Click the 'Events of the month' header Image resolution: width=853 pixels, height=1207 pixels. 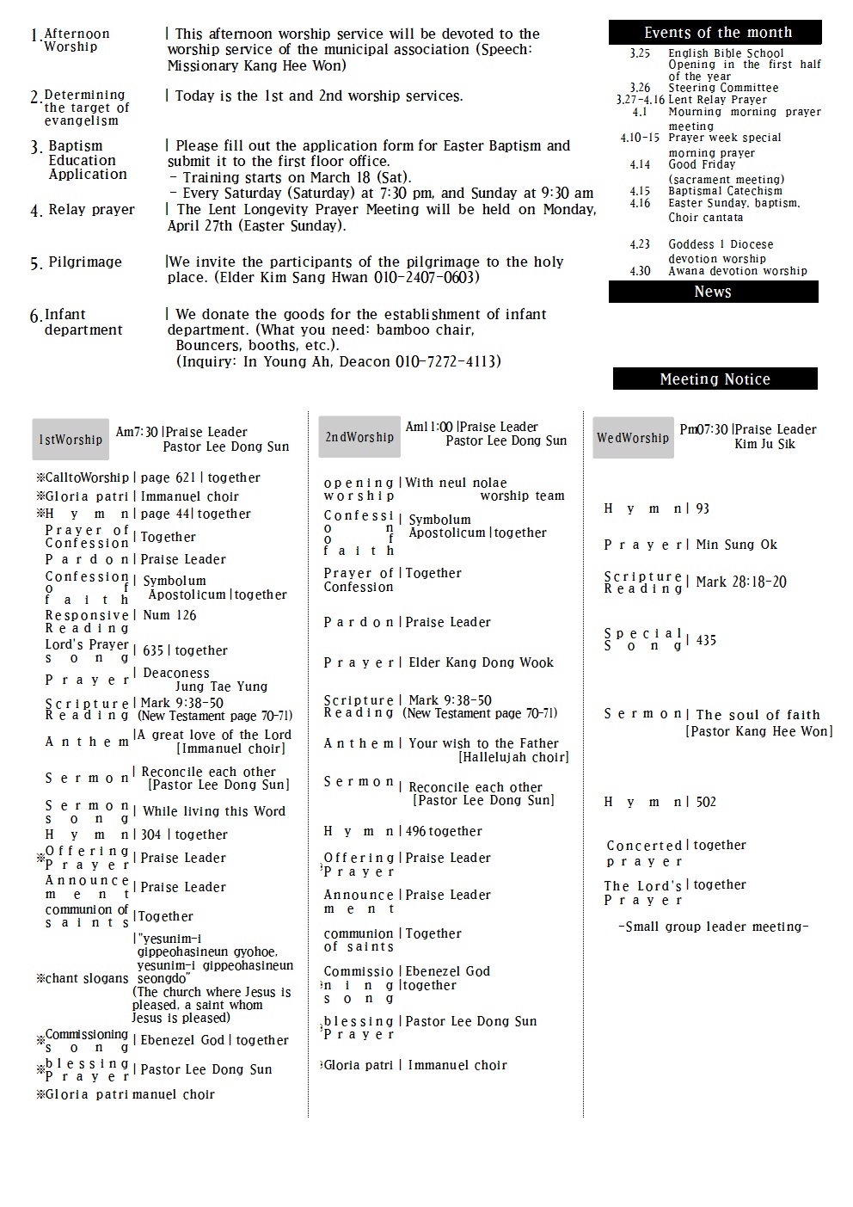(715, 33)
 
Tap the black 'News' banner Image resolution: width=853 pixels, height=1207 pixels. (713, 293)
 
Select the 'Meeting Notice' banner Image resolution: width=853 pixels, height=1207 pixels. (715, 379)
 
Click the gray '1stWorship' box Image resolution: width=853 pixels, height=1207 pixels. (71, 440)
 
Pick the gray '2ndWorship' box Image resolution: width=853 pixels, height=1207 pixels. (359, 437)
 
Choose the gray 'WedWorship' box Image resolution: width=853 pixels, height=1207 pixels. (633, 438)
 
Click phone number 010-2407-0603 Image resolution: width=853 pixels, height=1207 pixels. (426, 278)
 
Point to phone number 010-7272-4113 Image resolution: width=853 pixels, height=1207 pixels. (448, 362)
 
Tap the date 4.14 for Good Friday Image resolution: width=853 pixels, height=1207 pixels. (640, 164)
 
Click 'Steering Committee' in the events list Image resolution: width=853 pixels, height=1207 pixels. (723, 88)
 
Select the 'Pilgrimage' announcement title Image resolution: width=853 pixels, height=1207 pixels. (85, 262)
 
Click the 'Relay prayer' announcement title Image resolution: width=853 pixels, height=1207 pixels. (91, 210)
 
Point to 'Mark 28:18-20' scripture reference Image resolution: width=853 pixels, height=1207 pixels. (740, 582)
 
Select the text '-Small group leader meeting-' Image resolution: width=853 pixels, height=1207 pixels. (713, 927)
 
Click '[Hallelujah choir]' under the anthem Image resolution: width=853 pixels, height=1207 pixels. (513, 757)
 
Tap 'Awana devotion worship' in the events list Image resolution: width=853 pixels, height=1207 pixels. (738, 271)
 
